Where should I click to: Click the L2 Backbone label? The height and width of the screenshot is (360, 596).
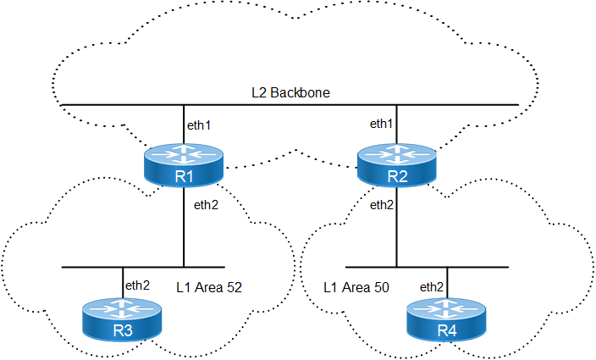(x=290, y=91)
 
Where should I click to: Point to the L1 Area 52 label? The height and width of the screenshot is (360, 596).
(x=209, y=288)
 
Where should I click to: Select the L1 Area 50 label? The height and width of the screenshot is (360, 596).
(x=356, y=288)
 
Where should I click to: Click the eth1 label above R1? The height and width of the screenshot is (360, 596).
(x=198, y=125)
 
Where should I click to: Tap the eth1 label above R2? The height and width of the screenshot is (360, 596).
(x=382, y=124)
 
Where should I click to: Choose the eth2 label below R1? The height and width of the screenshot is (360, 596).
(x=207, y=205)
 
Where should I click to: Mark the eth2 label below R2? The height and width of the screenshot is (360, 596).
(x=382, y=205)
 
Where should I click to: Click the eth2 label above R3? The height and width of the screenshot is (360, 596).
(x=137, y=285)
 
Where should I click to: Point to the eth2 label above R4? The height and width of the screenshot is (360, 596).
(x=433, y=285)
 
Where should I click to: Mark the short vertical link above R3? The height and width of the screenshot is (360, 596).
(x=122, y=283)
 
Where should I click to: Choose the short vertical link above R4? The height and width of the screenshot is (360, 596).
(x=447, y=283)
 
